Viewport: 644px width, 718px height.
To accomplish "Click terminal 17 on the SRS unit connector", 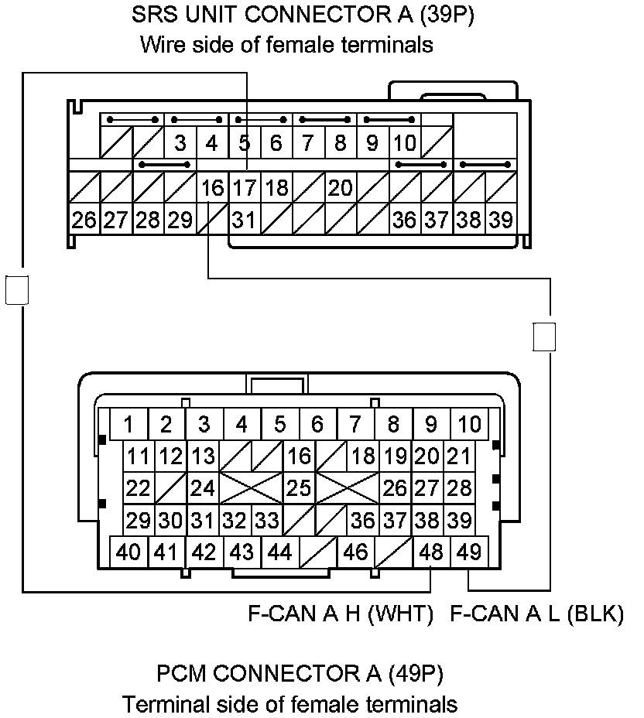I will point(245,188).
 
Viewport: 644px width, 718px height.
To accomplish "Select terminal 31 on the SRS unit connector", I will point(245,220).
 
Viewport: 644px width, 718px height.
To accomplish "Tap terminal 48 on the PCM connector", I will point(431,552).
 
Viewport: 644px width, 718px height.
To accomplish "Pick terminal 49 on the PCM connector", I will point(469,552).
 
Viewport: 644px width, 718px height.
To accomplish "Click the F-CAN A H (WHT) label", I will point(340,614).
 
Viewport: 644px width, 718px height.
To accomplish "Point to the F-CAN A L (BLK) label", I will point(536,614).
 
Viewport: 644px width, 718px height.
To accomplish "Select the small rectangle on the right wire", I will point(545,337).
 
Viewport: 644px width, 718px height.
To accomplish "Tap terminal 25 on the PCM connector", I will point(299,488).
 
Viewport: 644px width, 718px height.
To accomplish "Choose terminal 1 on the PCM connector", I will point(128,425).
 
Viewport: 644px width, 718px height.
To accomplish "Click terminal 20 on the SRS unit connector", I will point(340,188).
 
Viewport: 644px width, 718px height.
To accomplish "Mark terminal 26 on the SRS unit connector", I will point(84,220).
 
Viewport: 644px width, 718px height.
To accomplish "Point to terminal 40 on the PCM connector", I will point(128,552).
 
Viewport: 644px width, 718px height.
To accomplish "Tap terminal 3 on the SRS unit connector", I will point(180,143).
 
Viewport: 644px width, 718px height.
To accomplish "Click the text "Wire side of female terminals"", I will point(286,45).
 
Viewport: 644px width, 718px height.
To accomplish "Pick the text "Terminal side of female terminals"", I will point(289,704).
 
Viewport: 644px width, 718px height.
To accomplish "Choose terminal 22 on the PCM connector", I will point(138,488).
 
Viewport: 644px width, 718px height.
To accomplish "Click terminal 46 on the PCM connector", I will point(355,552).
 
